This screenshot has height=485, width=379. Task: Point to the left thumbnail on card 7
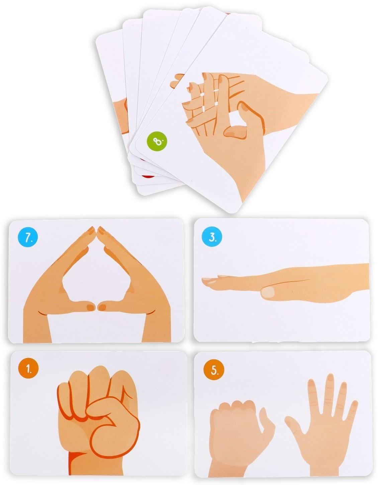(90, 307)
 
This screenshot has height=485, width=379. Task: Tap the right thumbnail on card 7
(102, 307)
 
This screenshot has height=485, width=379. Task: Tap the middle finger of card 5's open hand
(329, 393)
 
